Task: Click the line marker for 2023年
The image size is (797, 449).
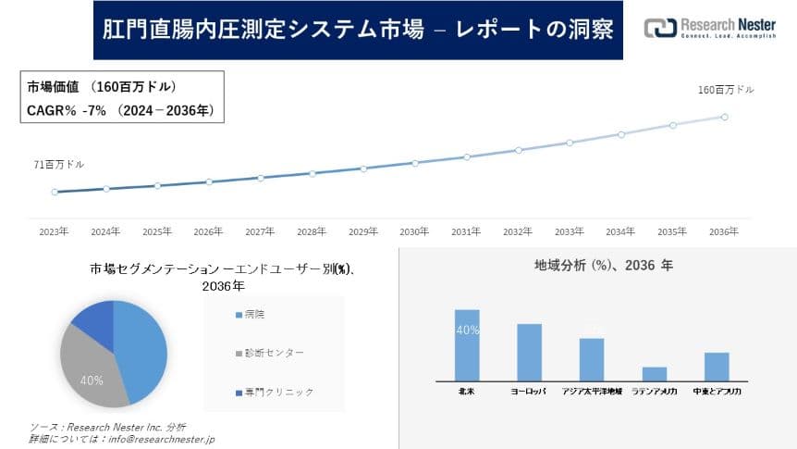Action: coord(55,192)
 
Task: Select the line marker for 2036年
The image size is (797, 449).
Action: coord(724,117)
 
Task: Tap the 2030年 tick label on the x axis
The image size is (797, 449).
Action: coord(414,231)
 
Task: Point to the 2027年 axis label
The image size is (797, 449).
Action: coord(260,231)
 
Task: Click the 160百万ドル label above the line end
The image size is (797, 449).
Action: coord(726,90)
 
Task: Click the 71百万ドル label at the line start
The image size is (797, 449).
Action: coord(59,165)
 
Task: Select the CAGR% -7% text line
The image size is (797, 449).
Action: coord(120,110)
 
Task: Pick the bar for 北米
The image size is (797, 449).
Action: coord(467,344)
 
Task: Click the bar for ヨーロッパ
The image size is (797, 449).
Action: coord(529,352)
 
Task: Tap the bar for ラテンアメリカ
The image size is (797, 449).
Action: coord(655,373)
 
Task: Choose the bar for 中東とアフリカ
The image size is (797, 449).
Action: coord(717,366)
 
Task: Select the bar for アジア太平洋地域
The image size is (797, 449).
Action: coord(592,359)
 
